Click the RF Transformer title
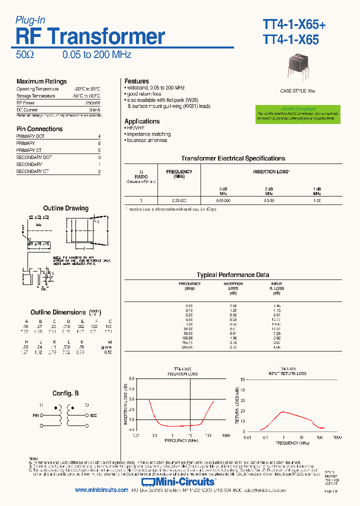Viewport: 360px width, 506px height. (90, 37)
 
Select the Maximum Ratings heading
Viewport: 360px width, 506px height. (41, 81)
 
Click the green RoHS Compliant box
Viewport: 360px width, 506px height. (297, 114)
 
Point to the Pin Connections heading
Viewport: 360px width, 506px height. (39, 129)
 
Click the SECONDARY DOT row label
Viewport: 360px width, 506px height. (34, 157)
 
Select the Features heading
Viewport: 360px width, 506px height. (136, 81)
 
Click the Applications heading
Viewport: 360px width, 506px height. (142, 121)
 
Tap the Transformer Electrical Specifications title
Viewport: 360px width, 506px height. (233, 158)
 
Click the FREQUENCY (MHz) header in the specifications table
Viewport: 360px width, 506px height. (179, 174)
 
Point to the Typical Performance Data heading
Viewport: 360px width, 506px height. (233, 275)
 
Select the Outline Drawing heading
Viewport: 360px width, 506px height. (65, 208)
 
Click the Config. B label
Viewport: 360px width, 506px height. (65, 393)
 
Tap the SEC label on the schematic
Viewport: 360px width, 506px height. (93, 415)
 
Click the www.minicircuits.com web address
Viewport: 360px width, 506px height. (101, 490)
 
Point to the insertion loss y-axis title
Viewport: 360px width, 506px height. (125, 404)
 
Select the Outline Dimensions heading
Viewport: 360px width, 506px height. (58, 312)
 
